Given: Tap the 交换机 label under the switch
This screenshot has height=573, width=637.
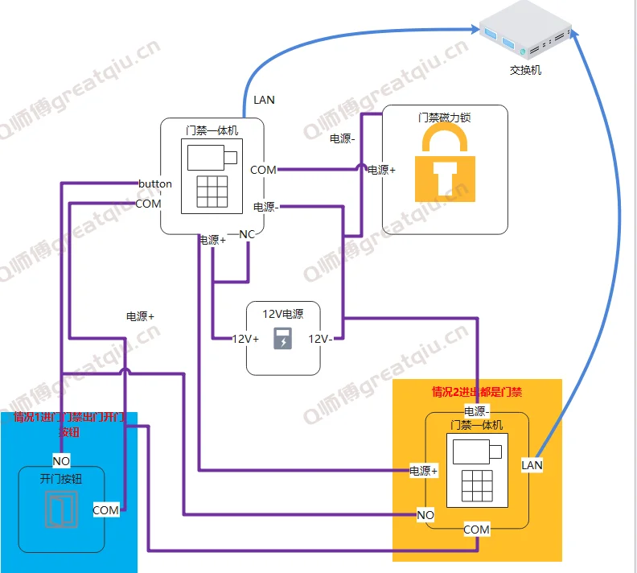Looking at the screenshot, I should click(x=526, y=70).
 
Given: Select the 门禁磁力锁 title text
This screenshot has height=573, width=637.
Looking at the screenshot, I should click(x=445, y=117).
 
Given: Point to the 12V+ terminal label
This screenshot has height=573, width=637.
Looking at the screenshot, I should click(x=246, y=339).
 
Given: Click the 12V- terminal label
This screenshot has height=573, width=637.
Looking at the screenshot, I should click(x=320, y=339).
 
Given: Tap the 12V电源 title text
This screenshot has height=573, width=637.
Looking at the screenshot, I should click(x=283, y=313).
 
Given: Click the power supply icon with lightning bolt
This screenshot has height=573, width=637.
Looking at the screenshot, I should click(x=283, y=340).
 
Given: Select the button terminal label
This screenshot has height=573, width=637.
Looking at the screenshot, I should click(x=155, y=183).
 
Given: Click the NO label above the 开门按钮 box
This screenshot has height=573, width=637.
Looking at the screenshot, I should click(x=61, y=461).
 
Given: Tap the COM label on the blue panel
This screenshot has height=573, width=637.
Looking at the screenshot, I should click(x=105, y=509).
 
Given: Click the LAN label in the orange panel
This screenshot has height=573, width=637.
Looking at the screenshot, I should click(x=532, y=464).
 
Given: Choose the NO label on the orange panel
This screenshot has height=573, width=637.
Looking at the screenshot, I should click(x=425, y=514).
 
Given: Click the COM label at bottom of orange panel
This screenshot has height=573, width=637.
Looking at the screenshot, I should click(x=476, y=529).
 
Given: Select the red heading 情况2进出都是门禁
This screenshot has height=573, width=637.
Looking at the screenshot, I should click(x=477, y=393).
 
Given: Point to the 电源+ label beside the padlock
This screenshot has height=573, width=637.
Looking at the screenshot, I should click(x=381, y=170).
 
